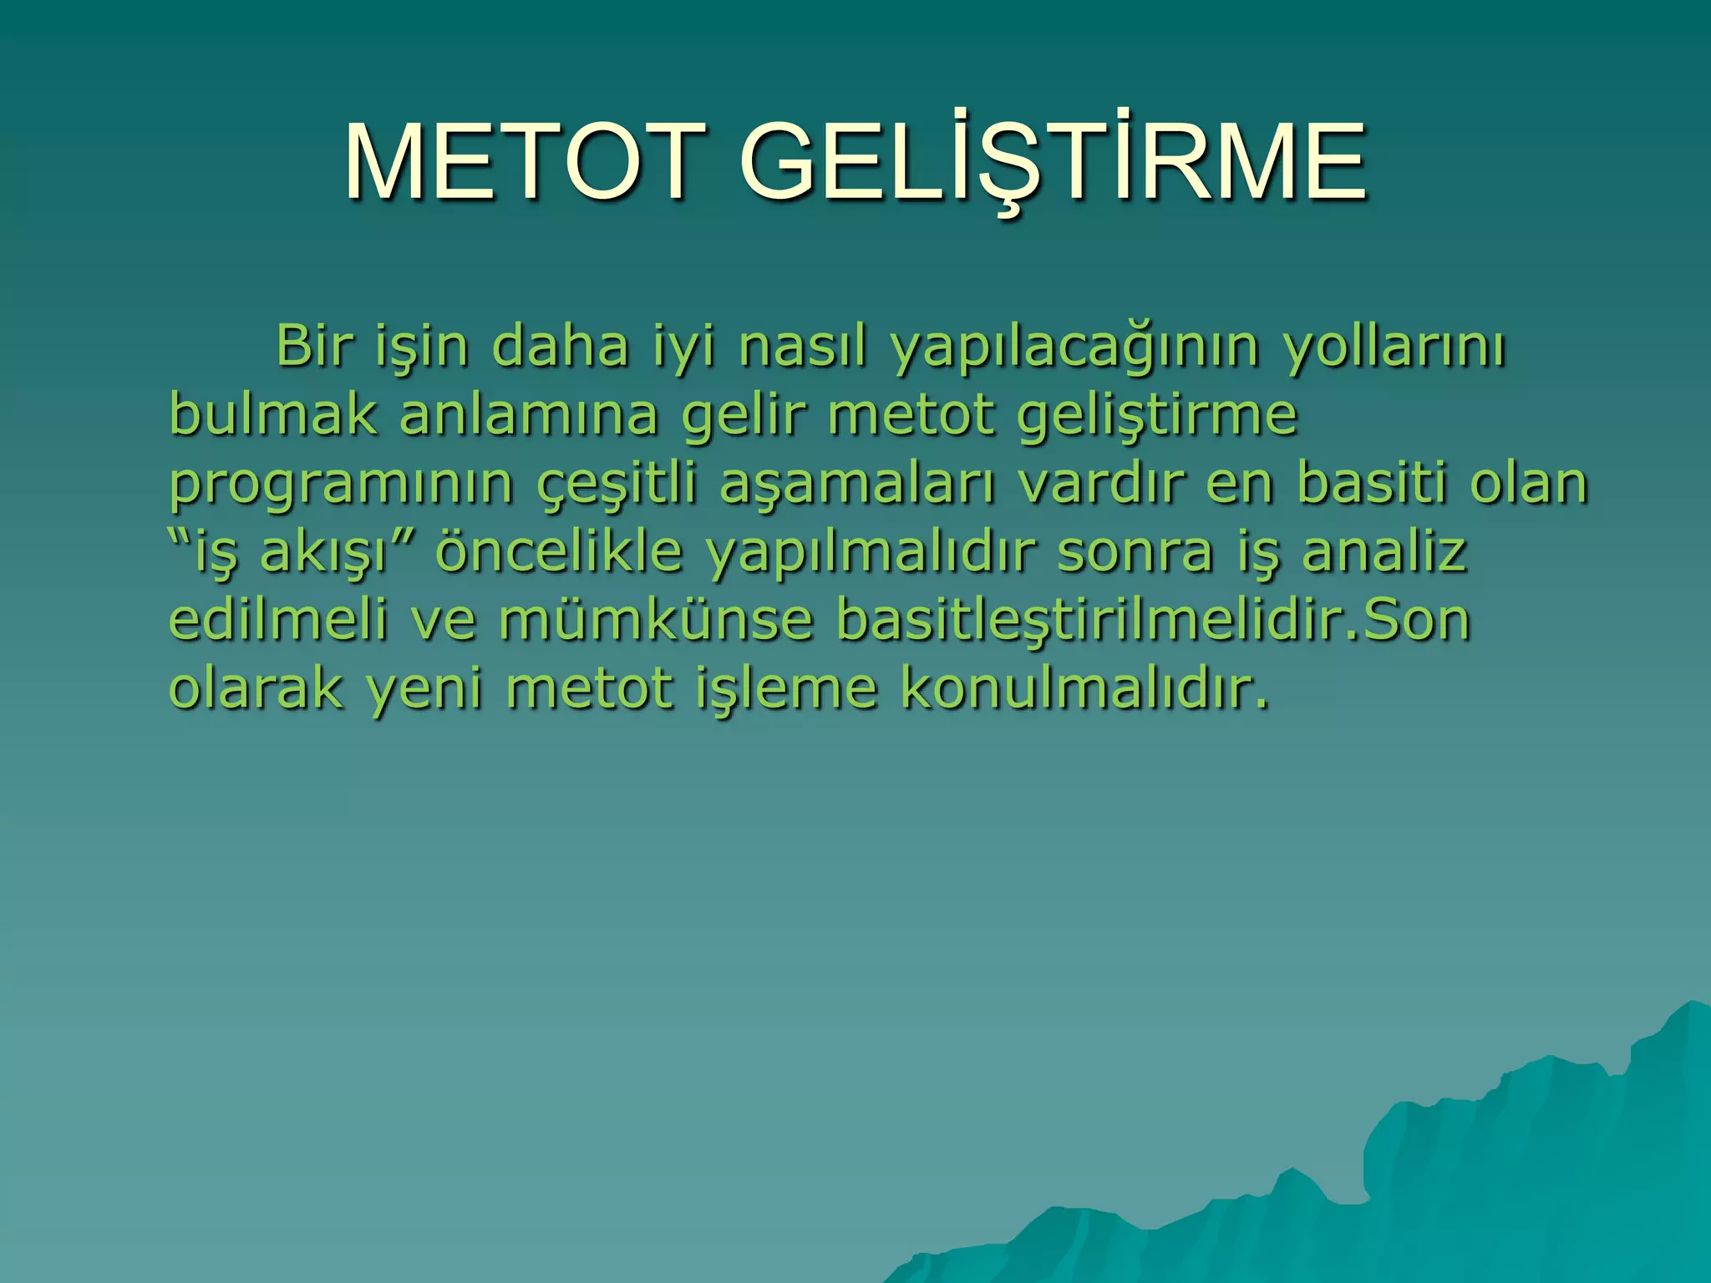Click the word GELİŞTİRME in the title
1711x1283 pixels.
tap(1053, 163)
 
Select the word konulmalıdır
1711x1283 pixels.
tap(1083, 688)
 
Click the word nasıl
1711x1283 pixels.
tap(801, 346)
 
